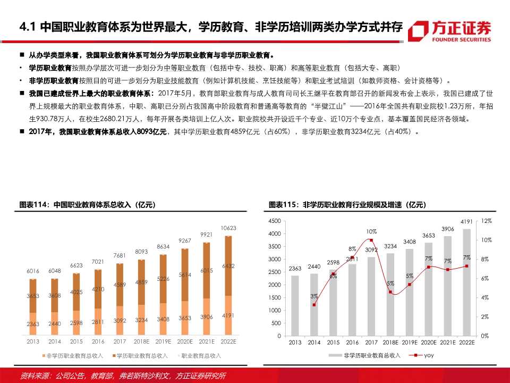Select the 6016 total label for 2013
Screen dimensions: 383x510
pos(33,271)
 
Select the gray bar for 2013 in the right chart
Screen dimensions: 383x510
pos(295,305)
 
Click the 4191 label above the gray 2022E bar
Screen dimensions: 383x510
pos(466,222)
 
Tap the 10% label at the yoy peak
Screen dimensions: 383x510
pos(371,231)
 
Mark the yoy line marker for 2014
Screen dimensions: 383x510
pos(314,305)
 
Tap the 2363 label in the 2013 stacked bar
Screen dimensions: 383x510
pos(33,323)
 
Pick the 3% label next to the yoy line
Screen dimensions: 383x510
pos(314,296)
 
